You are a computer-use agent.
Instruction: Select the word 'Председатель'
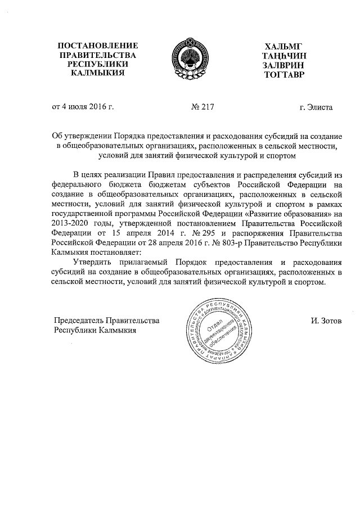(79, 321)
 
